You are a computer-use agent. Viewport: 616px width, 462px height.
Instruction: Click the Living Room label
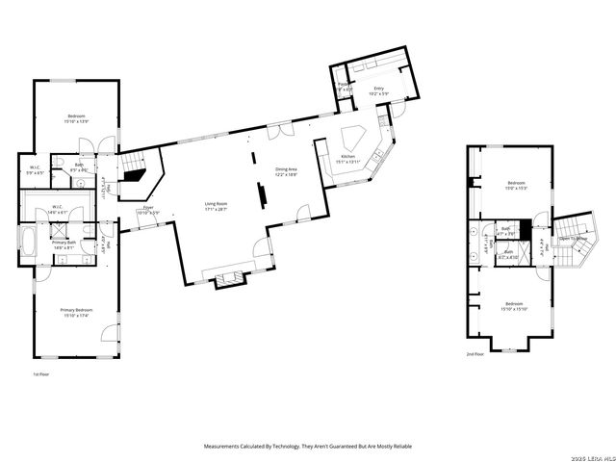[215, 205]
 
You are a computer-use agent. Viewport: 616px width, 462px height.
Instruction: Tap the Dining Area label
[287, 171]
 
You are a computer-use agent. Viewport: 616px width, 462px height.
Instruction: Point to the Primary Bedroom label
[76, 312]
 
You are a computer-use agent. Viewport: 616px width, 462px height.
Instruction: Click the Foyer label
[148, 209]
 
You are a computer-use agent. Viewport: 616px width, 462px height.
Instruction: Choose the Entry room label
[380, 91]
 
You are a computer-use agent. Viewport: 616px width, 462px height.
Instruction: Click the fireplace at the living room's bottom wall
[227, 279]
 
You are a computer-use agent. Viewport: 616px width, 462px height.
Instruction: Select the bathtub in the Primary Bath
[29, 241]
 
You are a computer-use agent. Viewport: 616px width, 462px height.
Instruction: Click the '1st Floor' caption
[40, 372]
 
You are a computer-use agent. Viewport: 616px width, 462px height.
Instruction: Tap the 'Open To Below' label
[574, 239]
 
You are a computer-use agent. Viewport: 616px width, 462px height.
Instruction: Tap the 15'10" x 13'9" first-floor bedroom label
[76, 118]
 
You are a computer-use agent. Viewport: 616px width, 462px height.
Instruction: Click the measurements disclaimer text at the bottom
[307, 447]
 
